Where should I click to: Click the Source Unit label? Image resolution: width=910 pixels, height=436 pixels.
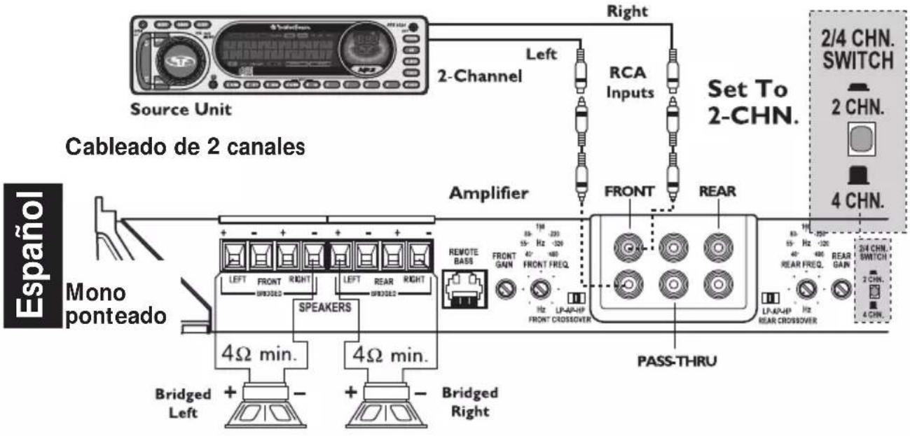tap(181, 110)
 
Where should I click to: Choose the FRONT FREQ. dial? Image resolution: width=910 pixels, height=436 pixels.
tap(539, 288)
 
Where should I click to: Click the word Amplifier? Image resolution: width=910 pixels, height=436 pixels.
tap(488, 194)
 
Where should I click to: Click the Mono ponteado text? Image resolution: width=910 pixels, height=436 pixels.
tap(116, 302)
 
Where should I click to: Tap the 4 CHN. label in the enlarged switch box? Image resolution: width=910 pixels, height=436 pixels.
tap(858, 199)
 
